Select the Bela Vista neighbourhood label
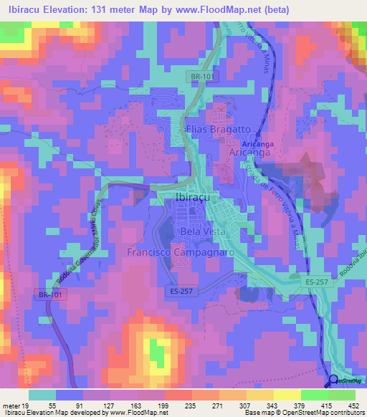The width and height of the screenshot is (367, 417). click(203, 232)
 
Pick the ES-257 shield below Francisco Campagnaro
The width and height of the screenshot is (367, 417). click(184, 292)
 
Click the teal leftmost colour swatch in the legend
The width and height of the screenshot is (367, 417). click(42, 395)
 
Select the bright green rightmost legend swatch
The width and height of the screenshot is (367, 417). click(341, 395)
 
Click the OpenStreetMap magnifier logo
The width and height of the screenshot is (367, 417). click(333, 380)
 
